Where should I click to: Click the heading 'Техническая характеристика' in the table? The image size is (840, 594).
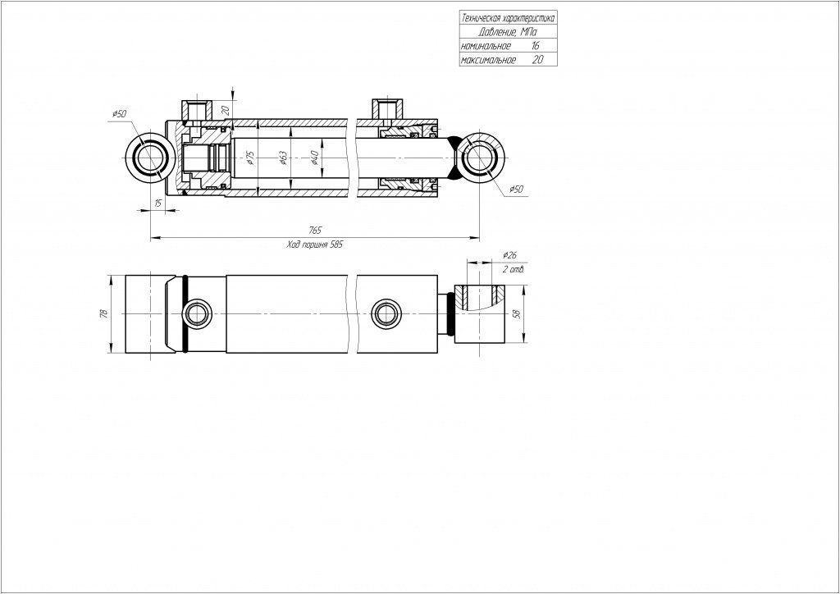coord(508,18)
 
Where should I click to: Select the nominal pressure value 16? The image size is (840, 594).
coord(535,46)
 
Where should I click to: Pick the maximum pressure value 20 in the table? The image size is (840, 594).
coord(537,59)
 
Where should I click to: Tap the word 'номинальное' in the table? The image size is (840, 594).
coord(486,46)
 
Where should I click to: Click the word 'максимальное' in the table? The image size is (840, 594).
coord(488,60)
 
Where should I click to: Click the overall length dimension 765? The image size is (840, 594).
coord(315,231)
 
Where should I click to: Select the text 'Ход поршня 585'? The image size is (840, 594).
coord(314,244)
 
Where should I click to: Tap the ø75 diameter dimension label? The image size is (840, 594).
coord(250,158)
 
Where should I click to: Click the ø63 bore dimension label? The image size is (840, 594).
coord(283,158)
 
